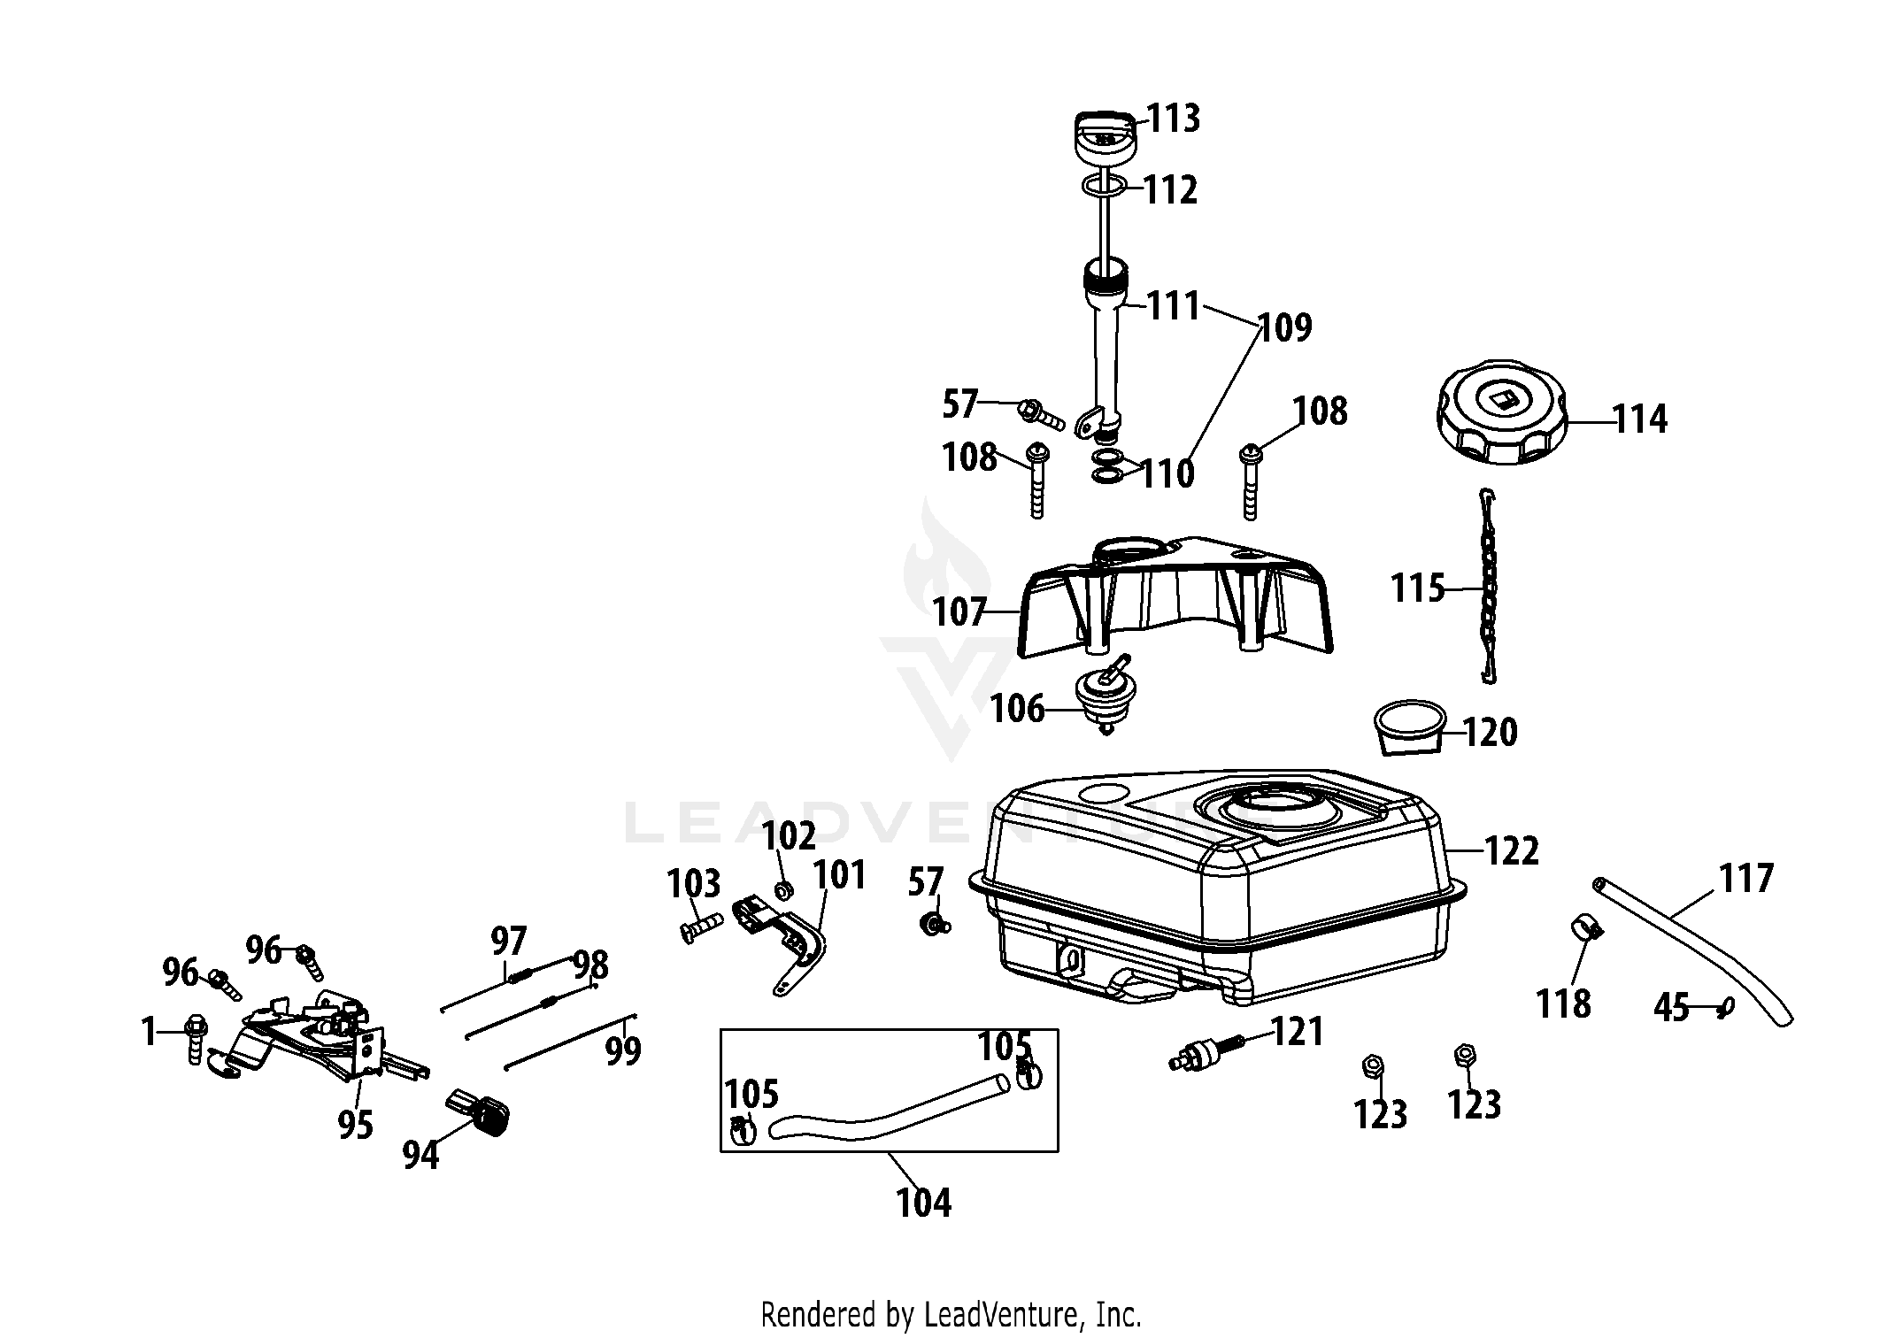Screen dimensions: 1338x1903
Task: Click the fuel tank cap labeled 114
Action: (x=1499, y=420)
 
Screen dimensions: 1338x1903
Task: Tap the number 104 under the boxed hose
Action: (x=924, y=1203)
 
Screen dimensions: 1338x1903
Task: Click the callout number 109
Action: (x=1285, y=328)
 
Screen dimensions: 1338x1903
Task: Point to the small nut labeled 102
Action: (x=783, y=889)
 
